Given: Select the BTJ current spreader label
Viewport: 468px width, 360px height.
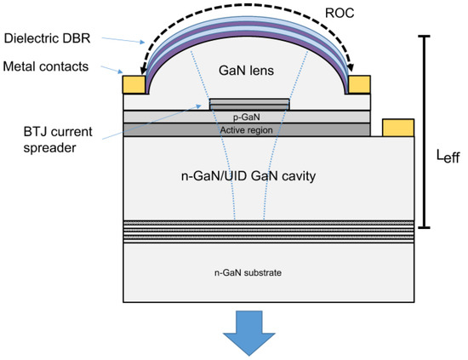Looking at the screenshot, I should (53, 139).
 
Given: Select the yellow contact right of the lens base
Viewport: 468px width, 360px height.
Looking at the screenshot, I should (360, 83).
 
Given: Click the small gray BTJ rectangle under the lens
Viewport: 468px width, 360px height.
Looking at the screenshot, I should (249, 104).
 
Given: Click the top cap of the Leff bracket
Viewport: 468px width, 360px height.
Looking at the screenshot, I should (422, 37).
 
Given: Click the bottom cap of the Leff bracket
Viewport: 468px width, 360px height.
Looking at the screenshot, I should (422, 228).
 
